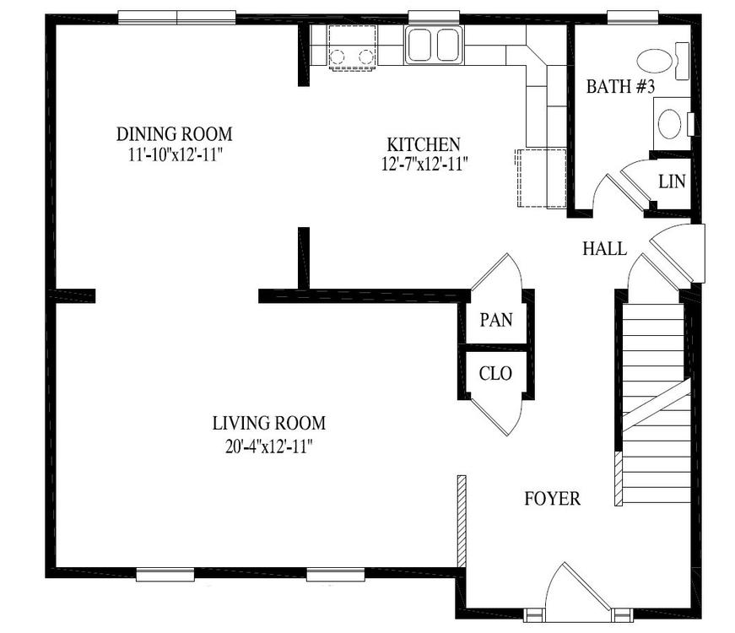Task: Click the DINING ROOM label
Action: pos(174,134)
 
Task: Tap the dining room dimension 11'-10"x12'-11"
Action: pos(175,154)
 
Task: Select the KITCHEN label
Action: pos(424,144)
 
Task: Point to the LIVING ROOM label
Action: pos(269,423)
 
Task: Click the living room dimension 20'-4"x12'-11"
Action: pos(269,446)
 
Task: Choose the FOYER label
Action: pos(552,499)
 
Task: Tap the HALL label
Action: pos(605,248)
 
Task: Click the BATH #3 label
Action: pos(620,86)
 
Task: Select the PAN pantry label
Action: pos(496,320)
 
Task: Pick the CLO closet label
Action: pos(495,373)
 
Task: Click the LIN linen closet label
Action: pos(672,181)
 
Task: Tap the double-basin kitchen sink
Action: pos(434,45)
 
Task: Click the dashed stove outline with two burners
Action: pos(352,48)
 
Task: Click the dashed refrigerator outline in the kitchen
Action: pos(541,178)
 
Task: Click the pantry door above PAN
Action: pos(497,273)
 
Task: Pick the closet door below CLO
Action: pos(496,417)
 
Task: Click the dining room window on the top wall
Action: pos(176,18)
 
